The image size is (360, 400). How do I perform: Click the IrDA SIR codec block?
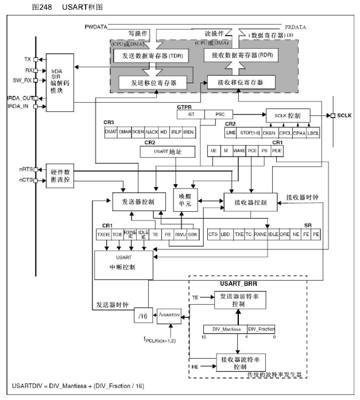60,83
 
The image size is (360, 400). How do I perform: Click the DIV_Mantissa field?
225,329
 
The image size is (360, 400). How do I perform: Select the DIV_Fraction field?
261,329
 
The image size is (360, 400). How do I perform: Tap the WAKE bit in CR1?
239,150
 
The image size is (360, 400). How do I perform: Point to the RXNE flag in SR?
260,234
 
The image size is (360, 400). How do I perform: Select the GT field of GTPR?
191,115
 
